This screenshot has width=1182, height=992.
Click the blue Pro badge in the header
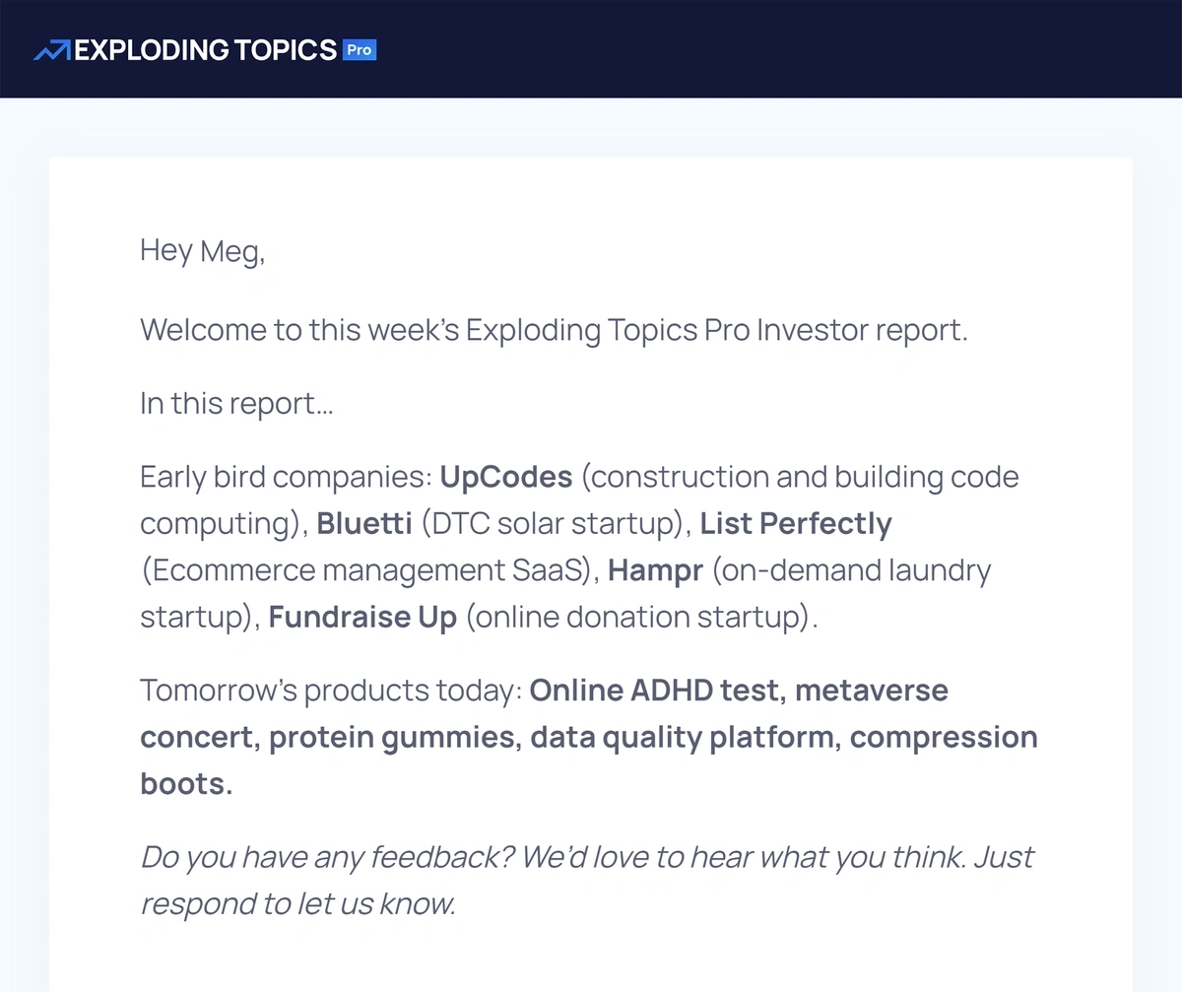point(360,50)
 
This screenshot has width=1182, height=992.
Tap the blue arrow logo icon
point(52,50)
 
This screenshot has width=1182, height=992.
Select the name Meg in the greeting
point(230,251)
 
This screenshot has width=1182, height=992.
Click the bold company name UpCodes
point(506,477)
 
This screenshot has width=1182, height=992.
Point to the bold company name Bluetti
point(364,523)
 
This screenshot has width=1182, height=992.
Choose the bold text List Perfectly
point(796,524)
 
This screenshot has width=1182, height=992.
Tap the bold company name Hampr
point(656,570)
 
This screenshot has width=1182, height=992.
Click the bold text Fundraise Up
point(362,618)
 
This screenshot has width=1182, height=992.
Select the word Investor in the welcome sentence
point(813,330)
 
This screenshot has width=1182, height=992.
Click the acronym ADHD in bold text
point(672,691)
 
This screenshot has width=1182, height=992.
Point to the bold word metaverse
point(872,691)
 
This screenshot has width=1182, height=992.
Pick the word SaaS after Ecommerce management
point(547,570)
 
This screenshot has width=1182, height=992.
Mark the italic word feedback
point(442,857)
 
